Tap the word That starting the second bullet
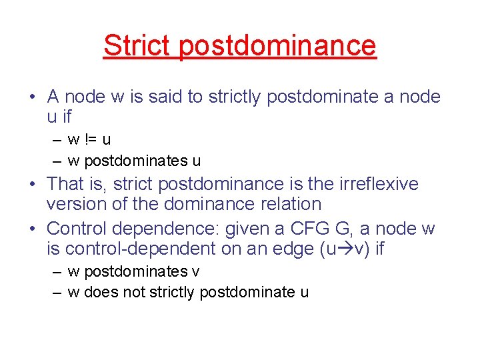coord(66,184)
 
